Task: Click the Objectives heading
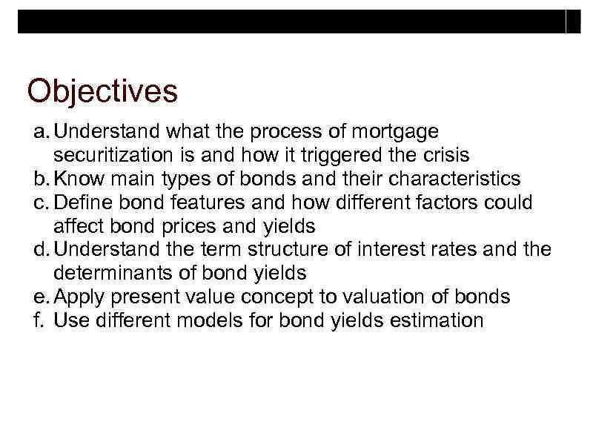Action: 102,92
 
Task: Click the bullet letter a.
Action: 40,132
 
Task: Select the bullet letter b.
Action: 40,179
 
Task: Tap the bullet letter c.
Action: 40,202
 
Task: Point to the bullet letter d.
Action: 40,250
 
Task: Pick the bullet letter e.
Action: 40,297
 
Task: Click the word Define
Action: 81,202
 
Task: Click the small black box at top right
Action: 573,22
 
